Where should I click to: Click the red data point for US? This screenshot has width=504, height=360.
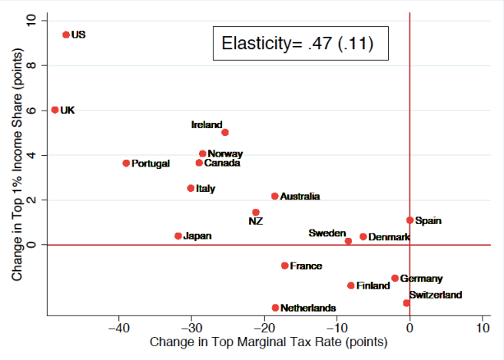click(66, 35)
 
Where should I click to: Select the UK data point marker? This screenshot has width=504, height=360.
click(55, 110)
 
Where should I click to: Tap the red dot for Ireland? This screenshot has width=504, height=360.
click(225, 132)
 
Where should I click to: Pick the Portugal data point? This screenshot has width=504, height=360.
click(126, 163)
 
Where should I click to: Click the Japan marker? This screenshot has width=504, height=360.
click(178, 236)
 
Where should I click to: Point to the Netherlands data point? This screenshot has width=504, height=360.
click(275, 308)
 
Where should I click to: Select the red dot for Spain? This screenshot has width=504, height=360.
click(409, 220)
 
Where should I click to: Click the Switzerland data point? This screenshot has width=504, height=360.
click(406, 303)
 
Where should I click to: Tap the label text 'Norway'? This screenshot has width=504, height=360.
click(225, 154)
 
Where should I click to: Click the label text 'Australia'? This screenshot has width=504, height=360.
click(300, 197)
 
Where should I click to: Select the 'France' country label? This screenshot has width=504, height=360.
click(306, 266)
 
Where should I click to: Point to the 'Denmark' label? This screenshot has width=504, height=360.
click(389, 237)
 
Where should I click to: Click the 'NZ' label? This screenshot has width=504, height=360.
click(256, 222)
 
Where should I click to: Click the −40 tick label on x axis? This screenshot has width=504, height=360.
click(119, 329)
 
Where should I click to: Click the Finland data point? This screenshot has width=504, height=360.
click(351, 286)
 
